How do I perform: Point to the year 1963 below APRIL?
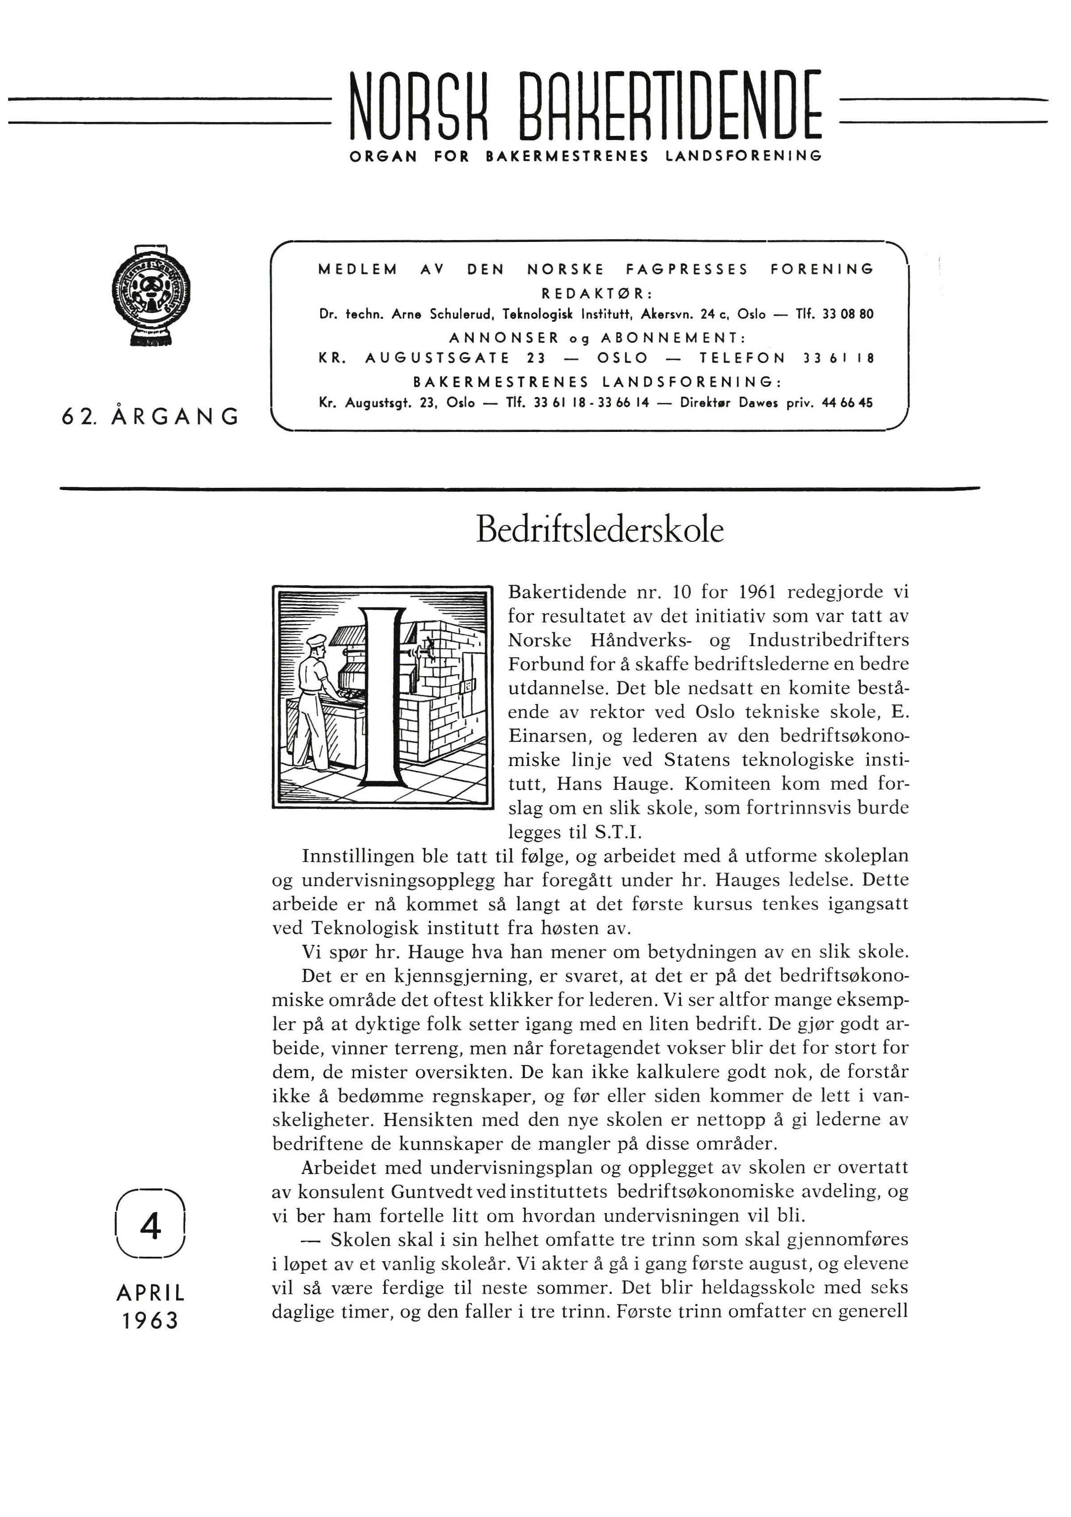tap(151, 1320)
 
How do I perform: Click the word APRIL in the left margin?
tap(151, 1293)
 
